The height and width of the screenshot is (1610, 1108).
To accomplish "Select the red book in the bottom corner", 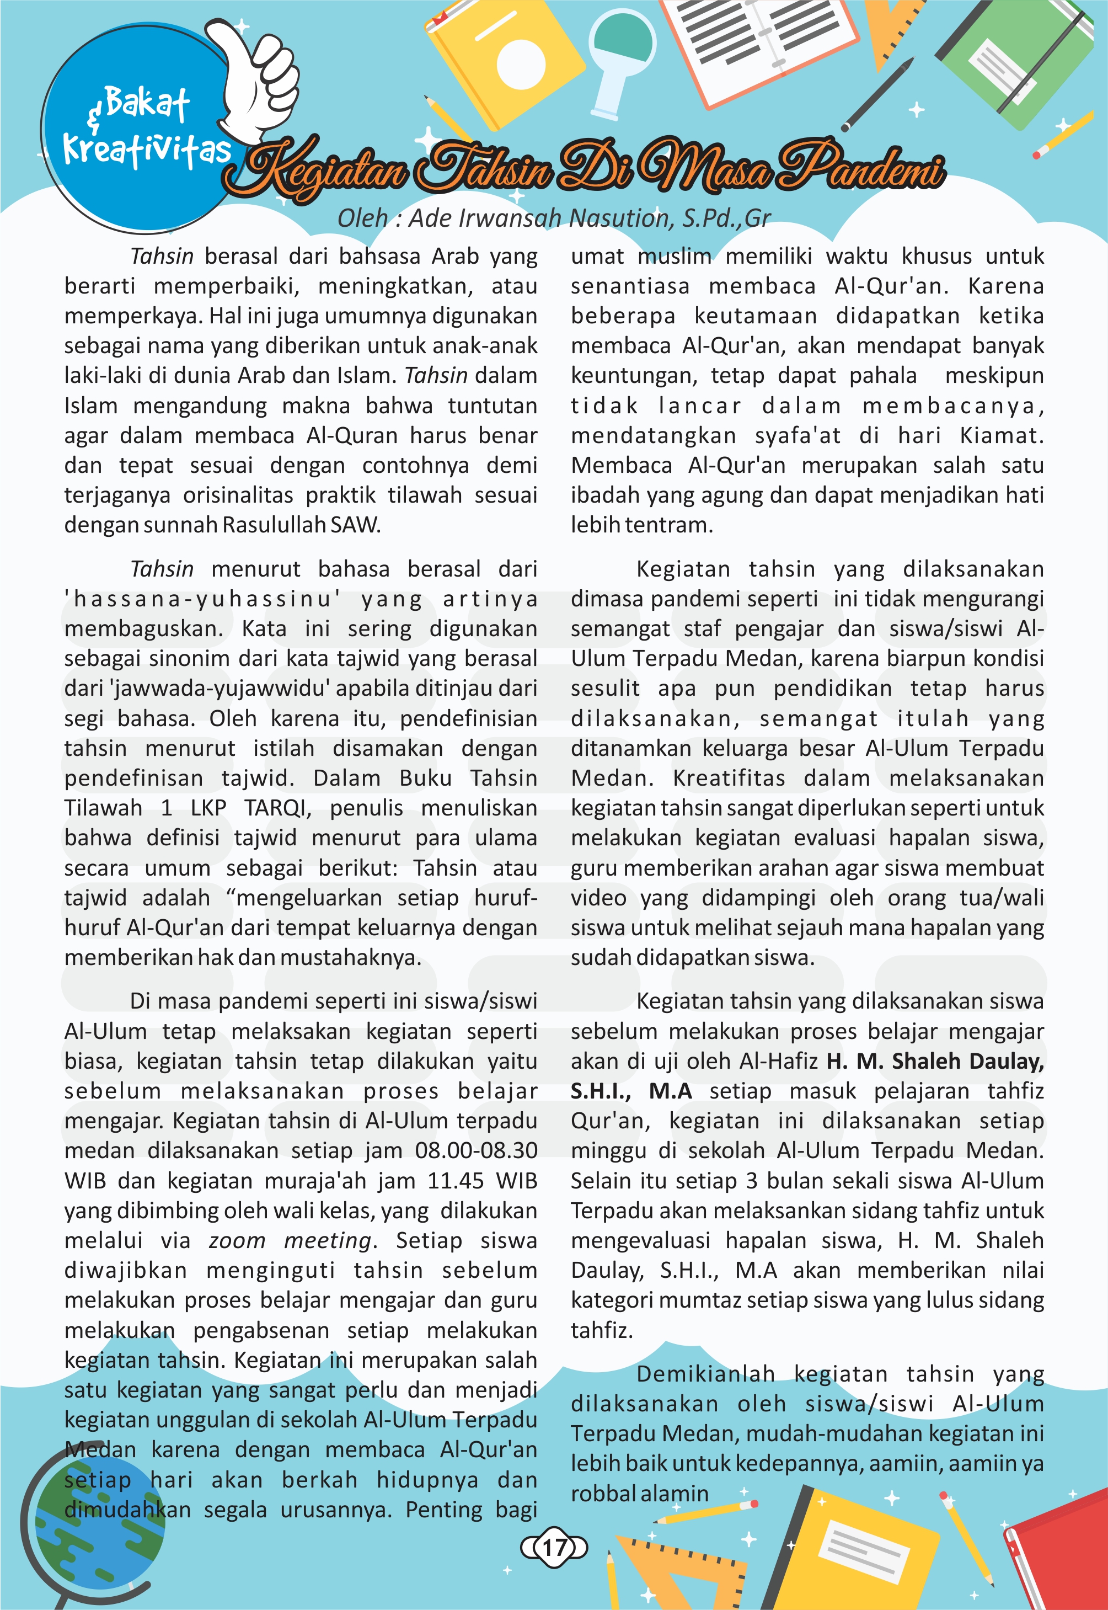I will pyautogui.click(x=1062, y=1549).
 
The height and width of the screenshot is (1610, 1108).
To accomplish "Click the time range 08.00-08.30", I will pyautogui.click(x=477, y=1150).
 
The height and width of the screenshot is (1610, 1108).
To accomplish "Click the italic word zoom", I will pyautogui.click(x=237, y=1240).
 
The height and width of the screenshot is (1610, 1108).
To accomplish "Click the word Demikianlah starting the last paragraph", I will pyautogui.click(x=705, y=1374).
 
